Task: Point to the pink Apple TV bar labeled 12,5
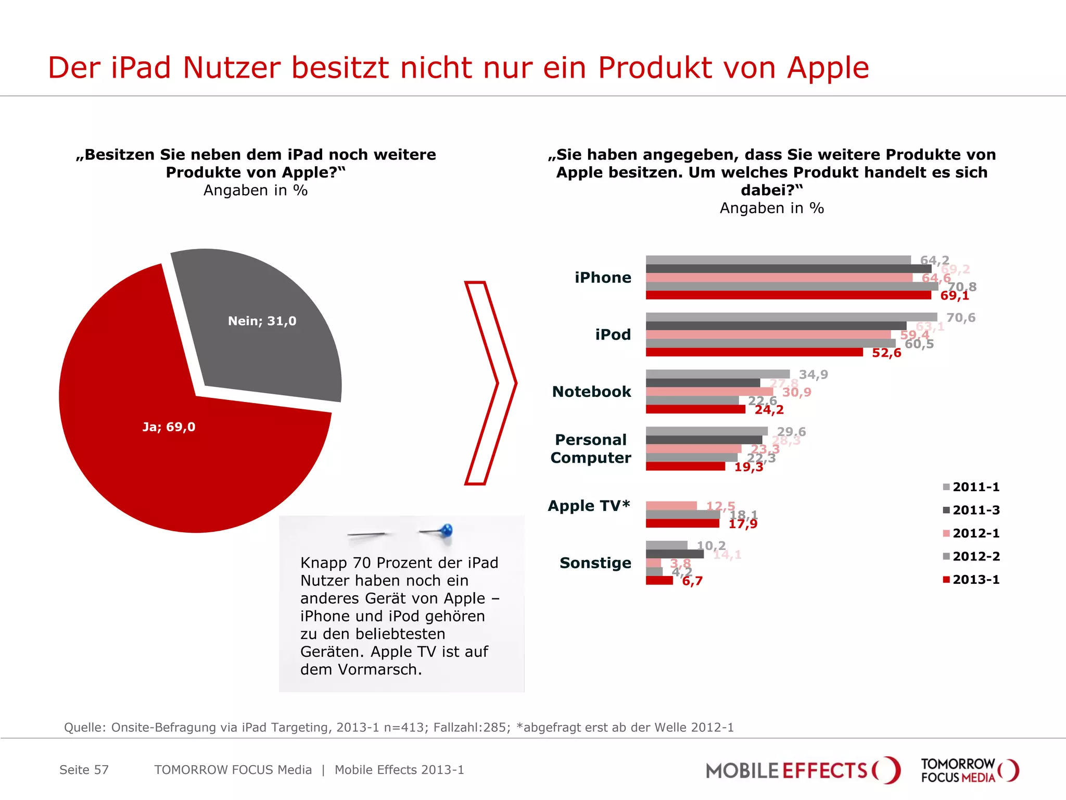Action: pos(671,506)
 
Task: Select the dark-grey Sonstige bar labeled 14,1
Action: pos(675,554)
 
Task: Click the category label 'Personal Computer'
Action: pos(591,448)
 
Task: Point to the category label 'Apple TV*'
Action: pos(589,506)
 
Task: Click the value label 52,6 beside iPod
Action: pos(886,353)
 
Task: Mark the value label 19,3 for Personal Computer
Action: pos(748,467)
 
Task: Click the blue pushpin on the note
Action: pos(446,531)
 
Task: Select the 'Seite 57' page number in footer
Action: pos(84,770)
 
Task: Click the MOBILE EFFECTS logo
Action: pos(802,770)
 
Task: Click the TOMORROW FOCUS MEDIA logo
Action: pos(969,770)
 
